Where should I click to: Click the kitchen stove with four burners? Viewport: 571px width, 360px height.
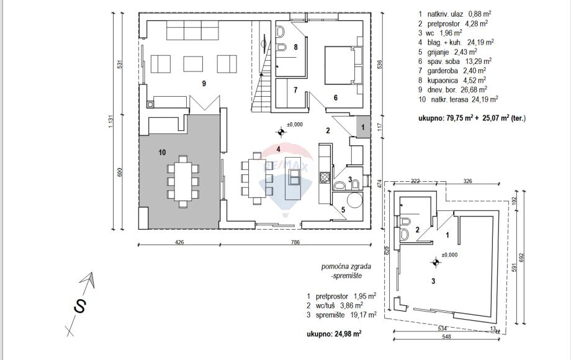click(x=324, y=178)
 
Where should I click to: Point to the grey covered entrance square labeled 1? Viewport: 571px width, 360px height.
click(x=363, y=127)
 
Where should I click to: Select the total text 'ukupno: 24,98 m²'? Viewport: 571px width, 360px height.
click(x=334, y=333)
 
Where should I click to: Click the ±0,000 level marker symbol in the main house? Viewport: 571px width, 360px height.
click(x=281, y=131)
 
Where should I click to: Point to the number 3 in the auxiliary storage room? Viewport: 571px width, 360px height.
click(x=433, y=281)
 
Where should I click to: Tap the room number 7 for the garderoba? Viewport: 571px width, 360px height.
click(x=295, y=90)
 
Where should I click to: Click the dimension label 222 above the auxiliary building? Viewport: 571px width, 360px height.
click(x=416, y=181)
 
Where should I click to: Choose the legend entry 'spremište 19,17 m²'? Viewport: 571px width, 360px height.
click(x=342, y=315)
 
